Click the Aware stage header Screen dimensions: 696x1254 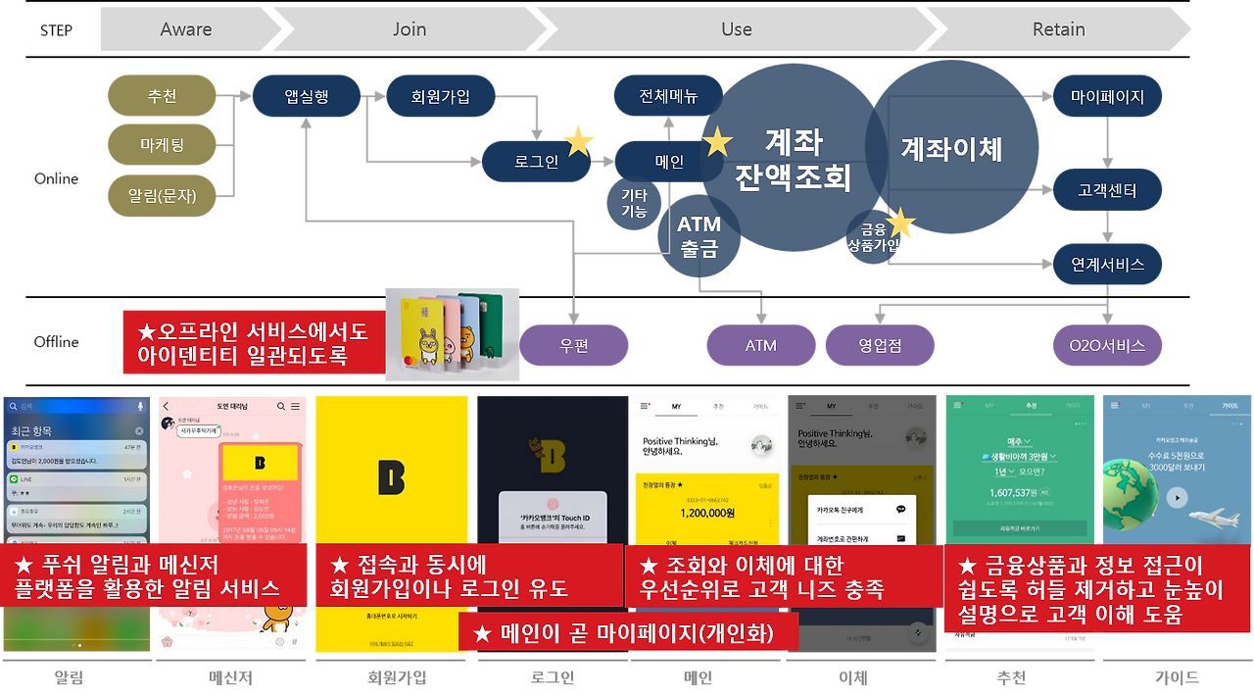(x=186, y=29)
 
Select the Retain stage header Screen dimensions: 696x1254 (x=1058, y=29)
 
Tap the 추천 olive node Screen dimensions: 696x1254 (x=162, y=96)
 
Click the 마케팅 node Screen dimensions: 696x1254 (x=162, y=146)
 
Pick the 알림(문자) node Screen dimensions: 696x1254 (x=162, y=195)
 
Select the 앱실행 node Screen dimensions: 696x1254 (x=307, y=96)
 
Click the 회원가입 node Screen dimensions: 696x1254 (x=441, y=96)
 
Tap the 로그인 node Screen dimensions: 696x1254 (x=536, y=162)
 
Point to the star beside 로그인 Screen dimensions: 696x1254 (x=578, y=140)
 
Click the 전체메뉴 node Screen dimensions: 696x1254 (x=668, y=96)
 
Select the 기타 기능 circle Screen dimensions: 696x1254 (x=634, y=203)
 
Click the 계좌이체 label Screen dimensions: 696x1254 (x=951, y=149)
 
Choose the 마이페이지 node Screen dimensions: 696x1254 (x=1107, y=96)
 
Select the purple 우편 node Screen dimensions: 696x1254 (x=574, y=345)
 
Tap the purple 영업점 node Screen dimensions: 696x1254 (x=879, y=345)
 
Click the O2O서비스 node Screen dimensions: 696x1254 (x=1107, y=345)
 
